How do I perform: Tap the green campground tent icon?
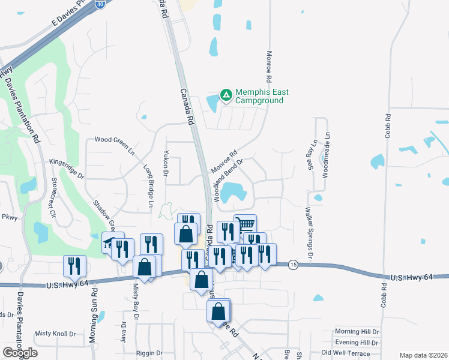click(226, 95)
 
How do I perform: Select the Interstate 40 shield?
click(100, 3)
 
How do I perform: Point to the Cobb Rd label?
click(388, 126)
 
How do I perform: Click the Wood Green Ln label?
click(115, 143)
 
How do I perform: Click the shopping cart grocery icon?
click(245, 225)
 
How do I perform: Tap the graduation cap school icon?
click(109, 242)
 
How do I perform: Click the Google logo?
click(20, 353)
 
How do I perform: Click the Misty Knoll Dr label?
click(55, 334)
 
